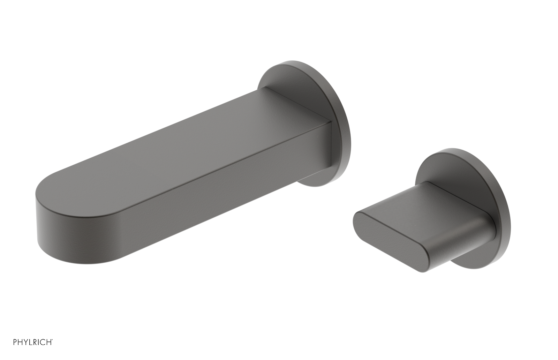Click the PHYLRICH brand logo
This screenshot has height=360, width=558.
pos(33,342)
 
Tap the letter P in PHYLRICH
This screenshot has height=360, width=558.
pos(15,342)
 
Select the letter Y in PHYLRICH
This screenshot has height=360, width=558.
pos(26,342)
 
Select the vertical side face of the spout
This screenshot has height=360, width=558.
pos(209,195)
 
